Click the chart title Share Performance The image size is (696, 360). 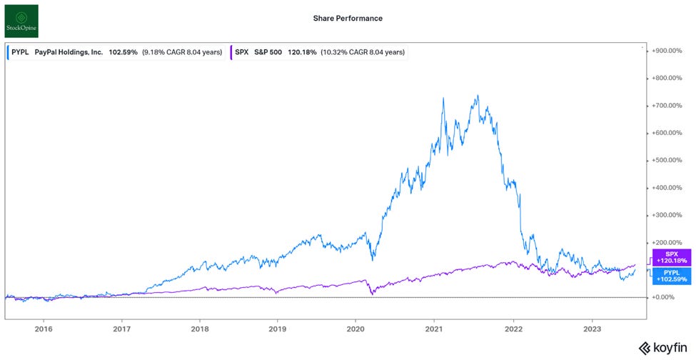348,19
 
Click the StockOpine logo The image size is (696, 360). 21,20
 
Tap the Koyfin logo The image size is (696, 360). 661,348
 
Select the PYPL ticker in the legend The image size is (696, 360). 21,52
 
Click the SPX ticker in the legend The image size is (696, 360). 243,52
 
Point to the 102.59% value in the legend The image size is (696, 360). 123,52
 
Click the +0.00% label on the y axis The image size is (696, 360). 667,297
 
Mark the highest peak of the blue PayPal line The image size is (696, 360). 478,96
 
